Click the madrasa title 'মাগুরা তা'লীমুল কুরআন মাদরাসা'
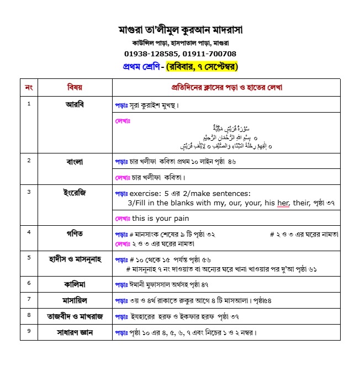click(181, 29)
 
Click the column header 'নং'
click(29, 87)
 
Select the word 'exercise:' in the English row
click(145, 193)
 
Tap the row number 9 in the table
click(29, 331)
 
